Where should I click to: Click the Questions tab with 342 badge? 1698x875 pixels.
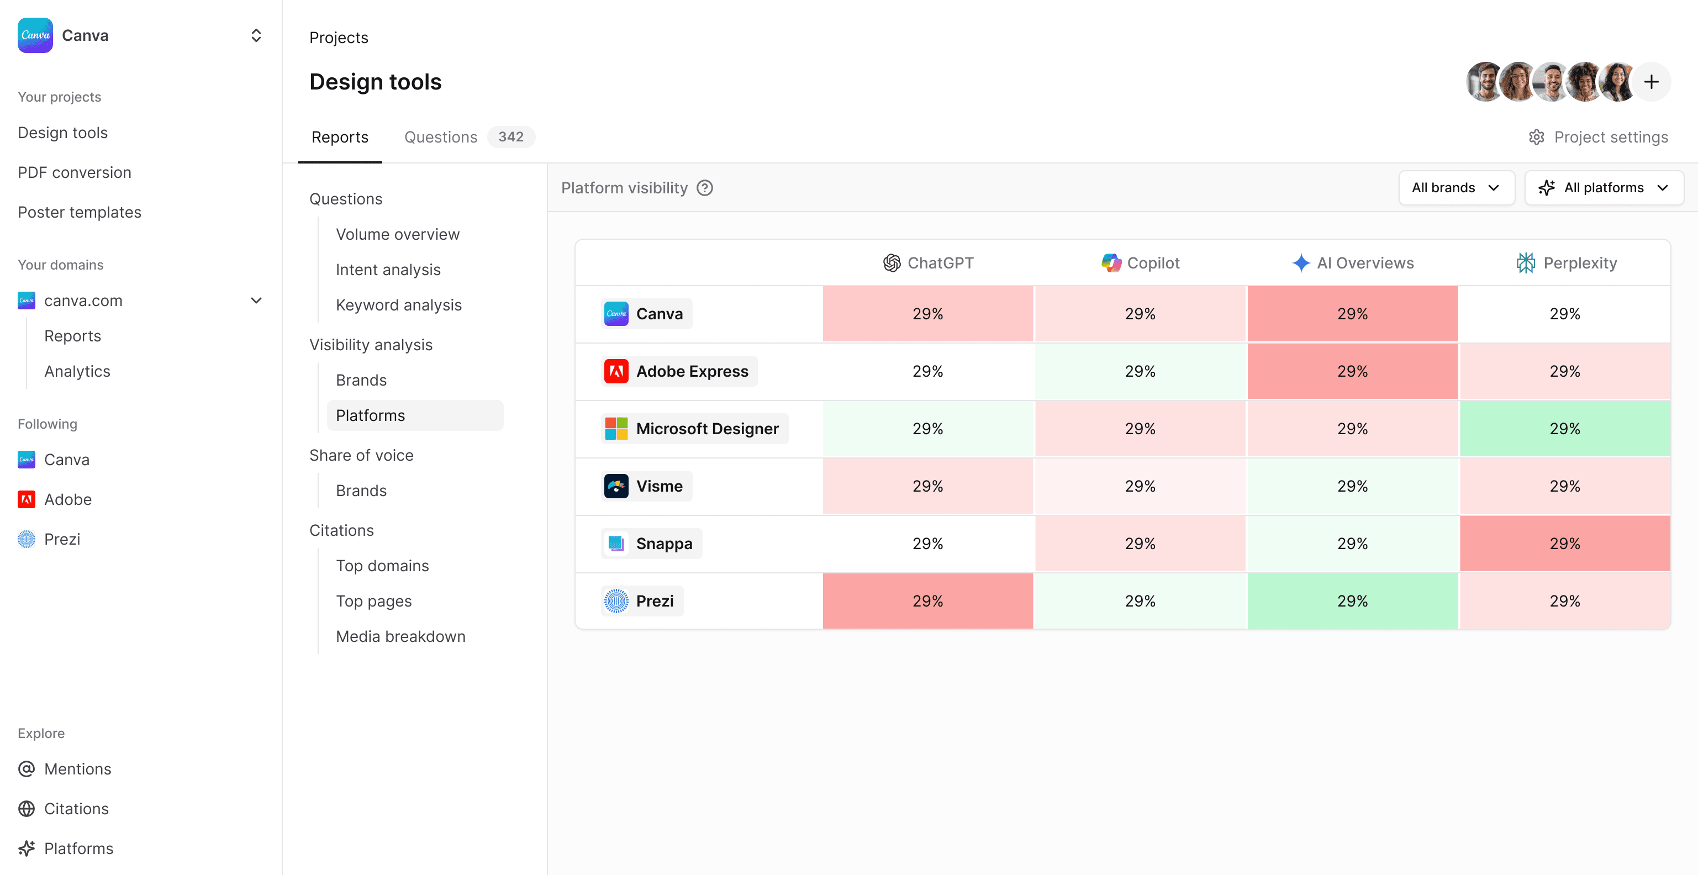(x=468, y=137)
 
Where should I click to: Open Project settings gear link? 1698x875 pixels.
(x=1598, y=137)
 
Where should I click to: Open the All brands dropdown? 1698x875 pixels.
(x=1456, y=188)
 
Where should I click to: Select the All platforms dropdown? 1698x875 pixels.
(x=1603, y=188)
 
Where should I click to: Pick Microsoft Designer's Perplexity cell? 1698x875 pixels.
(x=1564, y=429)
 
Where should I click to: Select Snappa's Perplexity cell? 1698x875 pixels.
(x=1564, y=544)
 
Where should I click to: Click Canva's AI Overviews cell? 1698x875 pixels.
(x=1352, y=314)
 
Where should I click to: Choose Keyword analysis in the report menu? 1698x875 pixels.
(x=398, y=305)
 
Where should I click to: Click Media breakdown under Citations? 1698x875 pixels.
(x=400, y=637)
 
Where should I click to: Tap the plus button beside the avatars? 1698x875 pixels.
(x=1650, y=82)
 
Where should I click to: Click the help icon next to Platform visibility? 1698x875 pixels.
(x=705, y=188)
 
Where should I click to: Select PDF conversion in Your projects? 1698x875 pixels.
(x=75, y=173)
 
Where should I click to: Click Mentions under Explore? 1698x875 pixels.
(x=77, y=769)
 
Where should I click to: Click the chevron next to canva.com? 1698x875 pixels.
(x=256, y=301)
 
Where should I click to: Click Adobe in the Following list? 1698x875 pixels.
(x=67, y=500)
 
